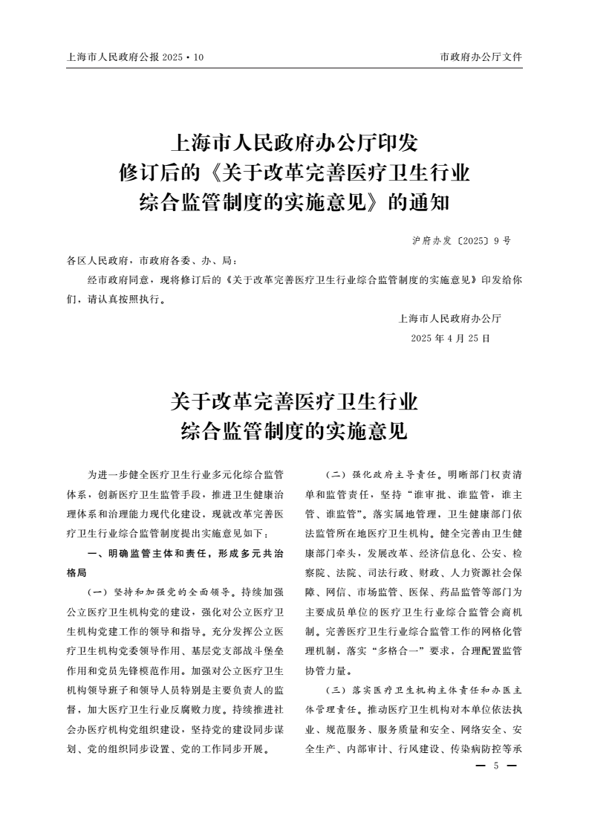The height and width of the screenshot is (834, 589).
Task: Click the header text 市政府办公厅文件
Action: point(481,56)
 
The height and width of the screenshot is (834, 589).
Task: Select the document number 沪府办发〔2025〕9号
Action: point(461,241)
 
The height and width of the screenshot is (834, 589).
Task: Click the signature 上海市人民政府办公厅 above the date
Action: point(450,319)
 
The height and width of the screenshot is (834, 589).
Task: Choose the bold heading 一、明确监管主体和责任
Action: point(141,554)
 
